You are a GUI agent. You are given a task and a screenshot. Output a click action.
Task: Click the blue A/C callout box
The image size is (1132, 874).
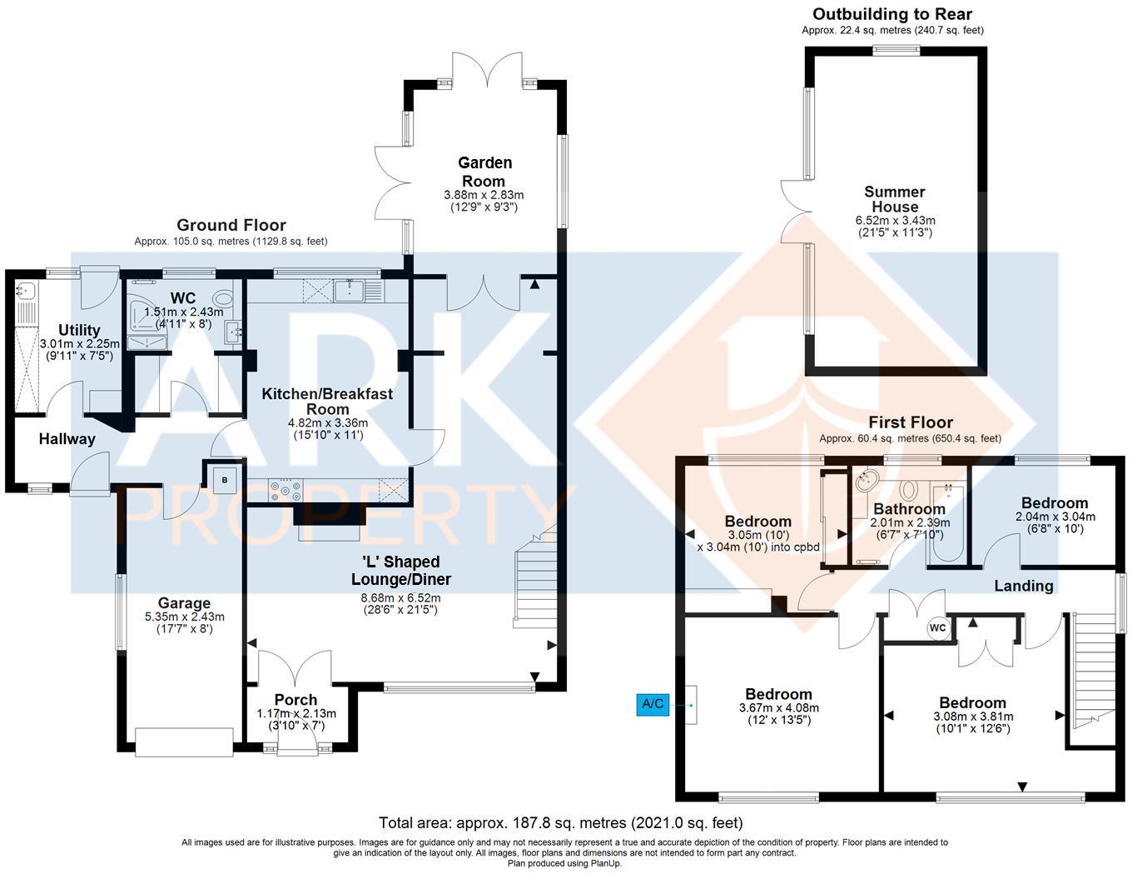point(653,704)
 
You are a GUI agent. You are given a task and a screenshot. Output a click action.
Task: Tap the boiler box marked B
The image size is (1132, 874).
point(225,480)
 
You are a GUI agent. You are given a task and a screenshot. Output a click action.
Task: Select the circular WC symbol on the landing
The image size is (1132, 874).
point(937,627)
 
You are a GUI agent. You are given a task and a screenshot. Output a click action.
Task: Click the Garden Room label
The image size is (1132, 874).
point(484,172)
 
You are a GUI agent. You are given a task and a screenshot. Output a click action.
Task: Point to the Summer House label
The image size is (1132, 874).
point(895,199)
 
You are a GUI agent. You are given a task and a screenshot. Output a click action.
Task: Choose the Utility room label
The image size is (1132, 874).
point(79,330)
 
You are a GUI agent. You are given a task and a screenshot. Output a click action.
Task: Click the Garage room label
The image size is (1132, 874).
point(184,602)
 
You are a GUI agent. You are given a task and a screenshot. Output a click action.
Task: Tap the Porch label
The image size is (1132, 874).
point(295,700)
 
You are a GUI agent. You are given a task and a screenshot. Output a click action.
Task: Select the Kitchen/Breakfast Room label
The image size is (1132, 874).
point(327,401)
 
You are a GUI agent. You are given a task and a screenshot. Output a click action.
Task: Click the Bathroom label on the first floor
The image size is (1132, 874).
point(909,508)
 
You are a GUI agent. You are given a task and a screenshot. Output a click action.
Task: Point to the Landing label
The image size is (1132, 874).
point(1024,586)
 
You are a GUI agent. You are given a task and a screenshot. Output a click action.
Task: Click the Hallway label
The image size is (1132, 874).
point(67,438)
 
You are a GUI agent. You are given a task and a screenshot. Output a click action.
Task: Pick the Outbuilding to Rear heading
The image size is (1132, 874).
point(892,14)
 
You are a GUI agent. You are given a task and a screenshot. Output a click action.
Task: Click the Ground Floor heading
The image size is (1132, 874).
point(231,225)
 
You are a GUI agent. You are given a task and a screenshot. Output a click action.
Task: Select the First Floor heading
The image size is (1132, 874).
point(911,422)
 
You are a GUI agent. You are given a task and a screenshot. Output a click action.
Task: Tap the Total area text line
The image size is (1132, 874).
point(560,823)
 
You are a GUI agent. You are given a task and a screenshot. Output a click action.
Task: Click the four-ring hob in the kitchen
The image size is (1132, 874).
point(285,491)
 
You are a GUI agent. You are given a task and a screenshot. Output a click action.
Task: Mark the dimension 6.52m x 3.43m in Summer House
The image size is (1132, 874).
point(895,221)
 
